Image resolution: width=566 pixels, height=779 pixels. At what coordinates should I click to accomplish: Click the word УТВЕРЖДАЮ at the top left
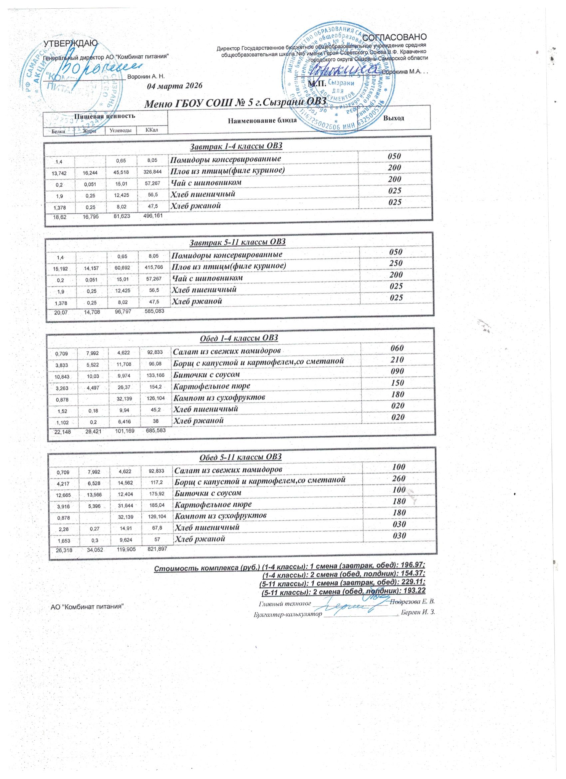coord(70,43)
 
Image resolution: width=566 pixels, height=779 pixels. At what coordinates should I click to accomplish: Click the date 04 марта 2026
coord(175,86)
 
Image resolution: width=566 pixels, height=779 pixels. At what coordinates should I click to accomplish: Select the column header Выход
coord(393,118)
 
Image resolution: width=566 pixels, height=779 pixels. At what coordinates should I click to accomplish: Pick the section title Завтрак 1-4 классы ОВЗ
coord(236,146)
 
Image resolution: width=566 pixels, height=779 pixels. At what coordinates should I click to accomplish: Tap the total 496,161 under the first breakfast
coord(151,216)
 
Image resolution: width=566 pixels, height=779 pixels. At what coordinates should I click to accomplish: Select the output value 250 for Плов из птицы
coord(396,264)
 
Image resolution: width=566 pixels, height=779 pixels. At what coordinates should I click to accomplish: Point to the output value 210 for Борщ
coord(397,360)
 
